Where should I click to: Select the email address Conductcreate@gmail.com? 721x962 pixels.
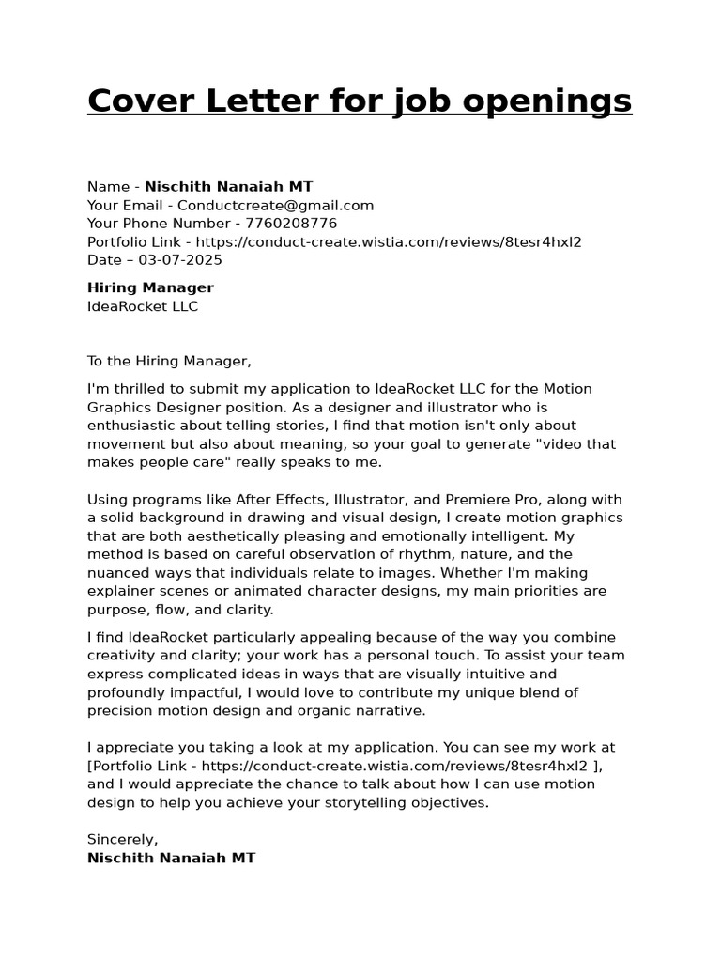[x=276, y=205]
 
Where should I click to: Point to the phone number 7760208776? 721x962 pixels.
[x=291, y=224]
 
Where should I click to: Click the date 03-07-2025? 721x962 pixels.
[x=180, y=260]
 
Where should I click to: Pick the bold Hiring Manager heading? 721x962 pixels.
[x=150, y=287]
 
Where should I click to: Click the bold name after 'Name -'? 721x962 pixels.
[x=228, y=187]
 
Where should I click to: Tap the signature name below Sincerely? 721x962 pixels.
[x=171, y=858]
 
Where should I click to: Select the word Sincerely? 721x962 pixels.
[x=122, y=839]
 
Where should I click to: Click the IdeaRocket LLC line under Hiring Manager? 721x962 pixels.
[x=143, y=306]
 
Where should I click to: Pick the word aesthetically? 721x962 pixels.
[x=215, y=536]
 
